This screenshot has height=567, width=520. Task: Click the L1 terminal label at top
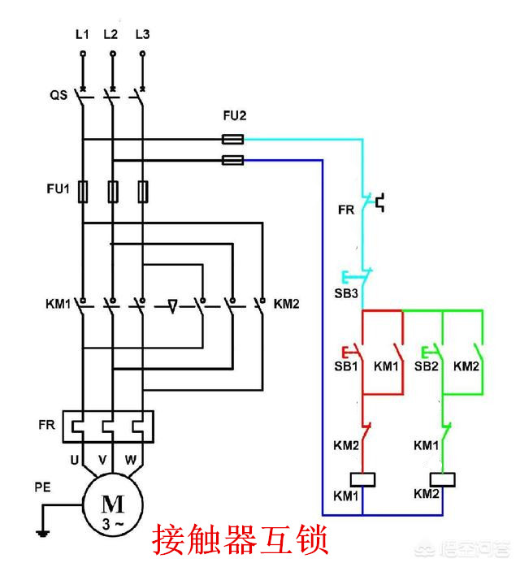pyautogui.click(x=82, y=34)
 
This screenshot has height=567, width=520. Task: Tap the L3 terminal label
pyautogui.click(x=143, y=34)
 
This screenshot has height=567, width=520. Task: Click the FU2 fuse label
pyautogui.click(x=235, y=116)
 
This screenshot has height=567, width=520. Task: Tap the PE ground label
pyautogui.click(x=43, y=488)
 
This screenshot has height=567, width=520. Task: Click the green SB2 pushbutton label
pyautogui.click(x=427, y=366)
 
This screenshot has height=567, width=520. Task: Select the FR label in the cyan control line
pyautogui.click(x=346, y=210)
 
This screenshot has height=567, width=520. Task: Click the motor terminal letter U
pyautogui.click(x=74, y=460)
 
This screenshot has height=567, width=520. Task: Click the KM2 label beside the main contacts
pyautogui.click(x=287, y=305)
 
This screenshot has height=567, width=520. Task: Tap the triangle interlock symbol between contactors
pyautogui.click(x=172, y=307)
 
